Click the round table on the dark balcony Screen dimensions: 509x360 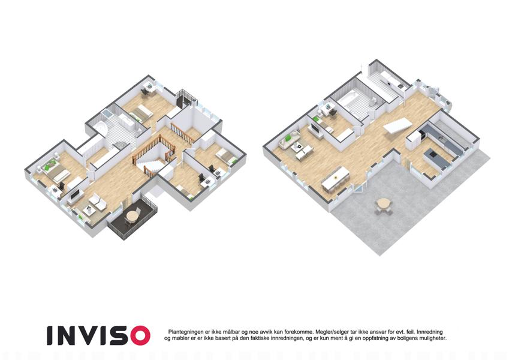132,215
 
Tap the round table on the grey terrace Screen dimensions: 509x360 384,205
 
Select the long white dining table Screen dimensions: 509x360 335,178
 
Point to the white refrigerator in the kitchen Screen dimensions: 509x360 412,140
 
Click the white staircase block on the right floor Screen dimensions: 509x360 397,125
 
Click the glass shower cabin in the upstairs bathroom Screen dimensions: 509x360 107,115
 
